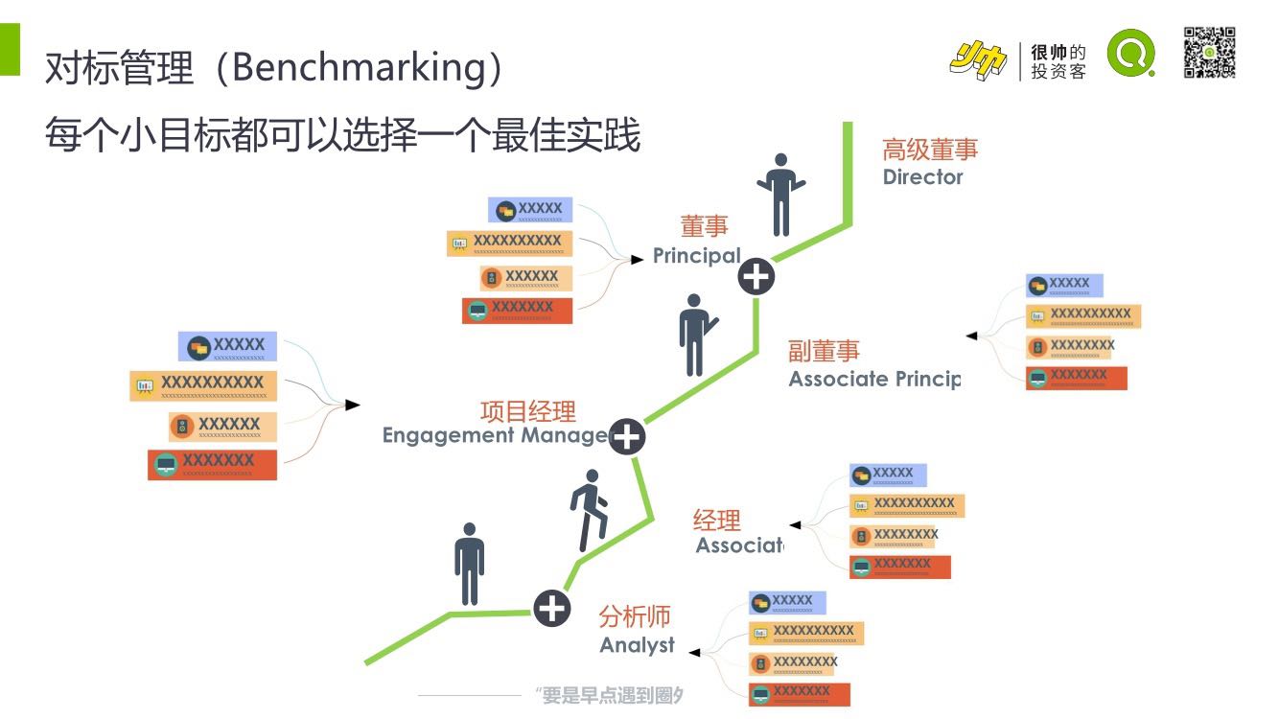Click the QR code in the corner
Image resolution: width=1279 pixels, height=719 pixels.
1209,53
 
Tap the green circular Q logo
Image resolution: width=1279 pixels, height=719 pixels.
1131,53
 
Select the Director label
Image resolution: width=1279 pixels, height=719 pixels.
922,176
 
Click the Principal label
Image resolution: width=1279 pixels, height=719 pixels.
697,256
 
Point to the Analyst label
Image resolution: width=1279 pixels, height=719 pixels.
638,645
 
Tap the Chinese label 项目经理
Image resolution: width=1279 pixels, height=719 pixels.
528,411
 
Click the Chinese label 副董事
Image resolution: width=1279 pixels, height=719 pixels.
825,351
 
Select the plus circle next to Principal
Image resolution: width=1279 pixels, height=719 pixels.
756,278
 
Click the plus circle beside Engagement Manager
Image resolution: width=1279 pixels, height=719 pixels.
627,437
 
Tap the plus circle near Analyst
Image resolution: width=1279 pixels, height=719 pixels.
551,608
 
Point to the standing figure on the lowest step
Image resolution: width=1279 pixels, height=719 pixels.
469,564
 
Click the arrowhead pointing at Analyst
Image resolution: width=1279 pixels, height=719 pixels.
694,653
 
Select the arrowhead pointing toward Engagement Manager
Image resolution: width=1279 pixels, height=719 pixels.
353,406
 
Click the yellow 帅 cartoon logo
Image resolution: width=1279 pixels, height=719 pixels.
978,61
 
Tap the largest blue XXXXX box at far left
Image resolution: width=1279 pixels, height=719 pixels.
227,346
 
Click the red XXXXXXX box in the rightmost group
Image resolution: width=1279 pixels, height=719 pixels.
1076,378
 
